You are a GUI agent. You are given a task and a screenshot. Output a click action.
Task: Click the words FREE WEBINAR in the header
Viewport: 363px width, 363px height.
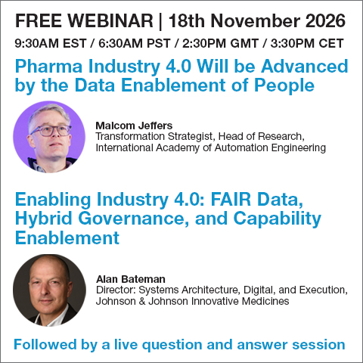pyautogui.click(x=84, y=20)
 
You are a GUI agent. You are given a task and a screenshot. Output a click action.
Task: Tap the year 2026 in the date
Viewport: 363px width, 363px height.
pyautogui.click(x=325, y=20)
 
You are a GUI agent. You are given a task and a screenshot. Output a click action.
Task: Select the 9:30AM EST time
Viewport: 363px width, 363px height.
pyautogui.click(x=51, y=43)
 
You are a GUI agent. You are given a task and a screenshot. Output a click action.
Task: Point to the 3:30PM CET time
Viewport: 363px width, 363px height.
pyautogui.click(x=307, y=43)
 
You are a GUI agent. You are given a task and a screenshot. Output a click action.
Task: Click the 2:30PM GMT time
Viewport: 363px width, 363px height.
pyautogui.click(x=220, y=43)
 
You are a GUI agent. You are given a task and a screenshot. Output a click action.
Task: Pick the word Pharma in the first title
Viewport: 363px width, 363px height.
pyautogui.click(x=48, y=67)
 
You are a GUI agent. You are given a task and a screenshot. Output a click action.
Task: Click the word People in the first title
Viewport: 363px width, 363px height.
pyautogui.click(x=284, y=86)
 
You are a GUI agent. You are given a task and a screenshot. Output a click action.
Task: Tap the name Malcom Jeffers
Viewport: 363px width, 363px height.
pyautogui.click(x=134, y=126)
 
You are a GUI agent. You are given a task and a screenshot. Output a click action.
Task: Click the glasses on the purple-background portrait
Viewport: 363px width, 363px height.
pyautogui.click(x=51, y=131)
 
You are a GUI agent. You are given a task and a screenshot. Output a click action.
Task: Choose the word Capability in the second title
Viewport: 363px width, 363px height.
pyautogui.click(x=277, y=219)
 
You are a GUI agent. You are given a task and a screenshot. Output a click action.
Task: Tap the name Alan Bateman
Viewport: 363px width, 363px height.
pyautogui.click(x=131, y=279)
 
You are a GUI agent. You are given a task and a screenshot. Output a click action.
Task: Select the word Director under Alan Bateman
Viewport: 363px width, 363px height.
pyautogui.click(x=116, y=290)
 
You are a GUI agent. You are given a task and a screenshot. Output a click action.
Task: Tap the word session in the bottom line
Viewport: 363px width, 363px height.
pyautogui.click(x=318, y=345)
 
